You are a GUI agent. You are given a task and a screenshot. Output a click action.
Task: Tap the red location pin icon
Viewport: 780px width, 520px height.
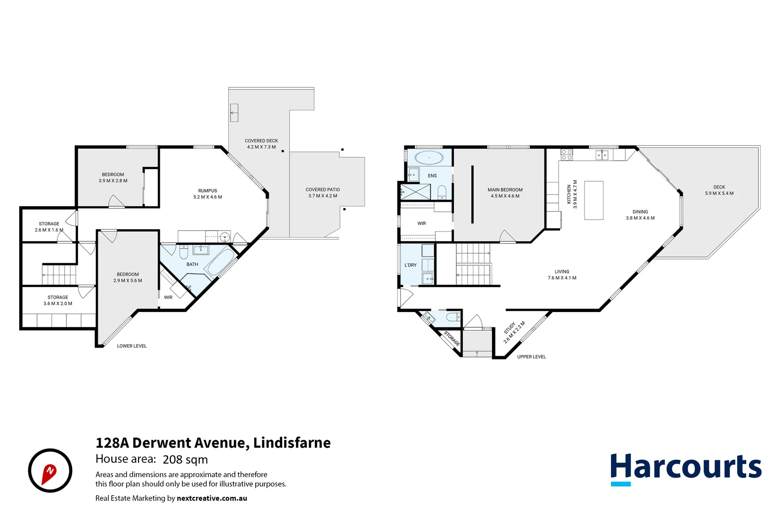click(49, 473)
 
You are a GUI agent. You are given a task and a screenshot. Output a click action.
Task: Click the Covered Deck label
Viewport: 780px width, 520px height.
click(261, 141)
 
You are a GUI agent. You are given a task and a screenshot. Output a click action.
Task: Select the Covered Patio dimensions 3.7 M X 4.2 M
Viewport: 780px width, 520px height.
click(323, 196)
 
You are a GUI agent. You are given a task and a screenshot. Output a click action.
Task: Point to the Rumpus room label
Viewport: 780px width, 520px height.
click(208, 191)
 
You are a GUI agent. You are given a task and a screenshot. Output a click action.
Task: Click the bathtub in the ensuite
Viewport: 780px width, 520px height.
click(429, 157)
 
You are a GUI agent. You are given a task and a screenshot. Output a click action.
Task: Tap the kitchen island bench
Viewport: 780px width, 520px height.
click(594, 200)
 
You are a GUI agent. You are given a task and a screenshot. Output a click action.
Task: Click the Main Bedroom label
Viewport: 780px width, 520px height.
click(505, 190)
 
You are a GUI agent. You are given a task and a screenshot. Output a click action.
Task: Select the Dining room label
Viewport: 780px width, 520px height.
click(640, 212)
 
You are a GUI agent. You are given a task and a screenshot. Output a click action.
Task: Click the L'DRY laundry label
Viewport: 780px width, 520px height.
click(410, 265)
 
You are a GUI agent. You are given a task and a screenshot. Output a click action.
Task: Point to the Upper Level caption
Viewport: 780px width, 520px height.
click(531, 357)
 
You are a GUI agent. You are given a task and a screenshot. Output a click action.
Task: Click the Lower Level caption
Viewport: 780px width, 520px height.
click(131, 346)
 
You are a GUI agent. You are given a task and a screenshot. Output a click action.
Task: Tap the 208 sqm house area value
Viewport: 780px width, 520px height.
click(185, 460)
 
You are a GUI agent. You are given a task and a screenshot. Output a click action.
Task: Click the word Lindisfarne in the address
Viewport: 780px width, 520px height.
click(292, 442)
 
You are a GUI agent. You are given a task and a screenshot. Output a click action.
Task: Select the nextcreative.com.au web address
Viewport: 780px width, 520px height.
click(212, 498)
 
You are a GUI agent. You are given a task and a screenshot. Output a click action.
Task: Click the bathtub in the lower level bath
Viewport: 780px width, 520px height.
click(220, 261)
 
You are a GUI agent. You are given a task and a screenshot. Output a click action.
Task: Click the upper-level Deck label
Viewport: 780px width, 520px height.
click(719, 187)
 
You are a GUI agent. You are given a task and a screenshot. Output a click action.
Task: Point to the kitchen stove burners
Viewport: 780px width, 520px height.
click(567, 155)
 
